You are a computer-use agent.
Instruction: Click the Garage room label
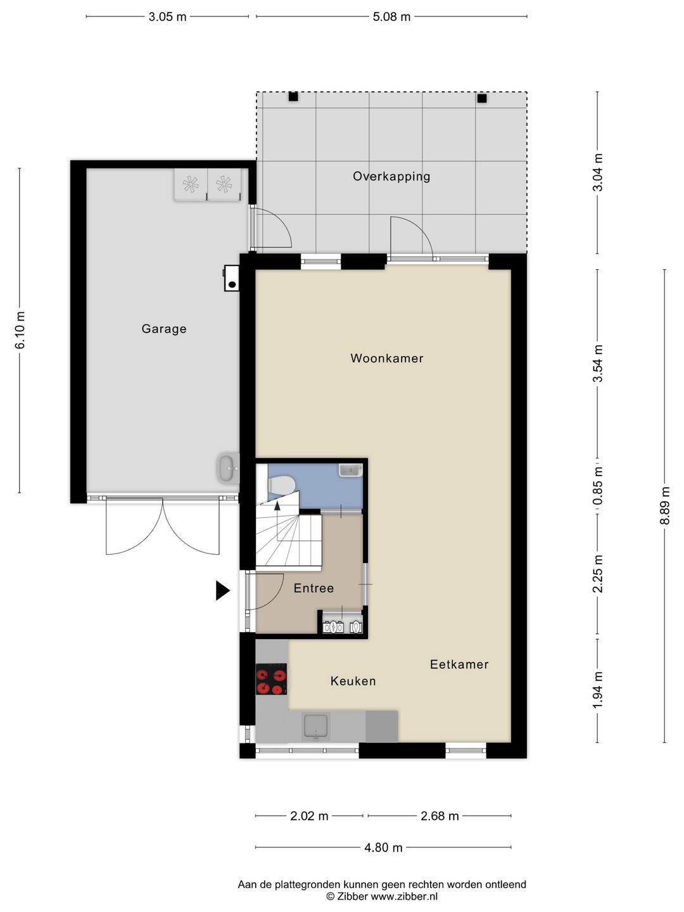click(164, 329)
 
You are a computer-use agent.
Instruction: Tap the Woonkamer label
click(386, 358)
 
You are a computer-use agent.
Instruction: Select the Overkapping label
click(391, 177)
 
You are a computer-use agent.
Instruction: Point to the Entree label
click(313, 588)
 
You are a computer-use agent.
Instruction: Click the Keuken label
click(353, 681)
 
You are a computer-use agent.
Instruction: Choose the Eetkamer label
click(459, 664)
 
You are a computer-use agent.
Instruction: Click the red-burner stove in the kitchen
click(271, 679)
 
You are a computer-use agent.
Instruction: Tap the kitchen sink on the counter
click(315, 726)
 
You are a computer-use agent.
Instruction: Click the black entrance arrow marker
click(222, 590)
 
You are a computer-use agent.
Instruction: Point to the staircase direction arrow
click(277, 505)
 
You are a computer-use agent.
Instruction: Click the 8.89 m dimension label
click(664, 505)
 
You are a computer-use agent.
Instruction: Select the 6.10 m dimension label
click(20, 330)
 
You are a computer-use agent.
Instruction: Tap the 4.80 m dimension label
click(383, 847)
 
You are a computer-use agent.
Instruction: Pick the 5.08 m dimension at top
click(391, 17)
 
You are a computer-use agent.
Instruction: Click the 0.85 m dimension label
click(597, 486)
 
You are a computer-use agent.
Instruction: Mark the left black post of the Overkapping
click(293, 97)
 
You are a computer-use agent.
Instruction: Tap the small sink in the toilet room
click(350, 470)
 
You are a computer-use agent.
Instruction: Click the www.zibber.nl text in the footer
click(404, 896)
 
